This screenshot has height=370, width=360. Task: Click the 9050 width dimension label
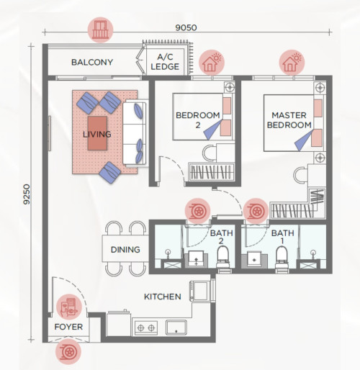(x=186, y=27)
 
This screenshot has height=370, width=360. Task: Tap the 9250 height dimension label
(x=27, y=194)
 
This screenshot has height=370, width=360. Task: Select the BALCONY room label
(x=92, y=63)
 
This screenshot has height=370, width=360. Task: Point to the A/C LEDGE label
(x=165, y=62)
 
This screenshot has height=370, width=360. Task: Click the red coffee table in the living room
(x=97, y=133)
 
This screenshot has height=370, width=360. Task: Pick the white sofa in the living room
(x=135, y=133)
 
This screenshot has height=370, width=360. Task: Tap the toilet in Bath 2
(x=223, y=258)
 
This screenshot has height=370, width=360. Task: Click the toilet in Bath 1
(x=282, y=258)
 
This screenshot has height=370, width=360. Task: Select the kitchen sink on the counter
(x=176, y=328)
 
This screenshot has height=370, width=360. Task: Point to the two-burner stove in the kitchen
(x=146, y=328)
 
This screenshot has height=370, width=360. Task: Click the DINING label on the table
(x=125, y=250)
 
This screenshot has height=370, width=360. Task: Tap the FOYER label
(x=68, y=327)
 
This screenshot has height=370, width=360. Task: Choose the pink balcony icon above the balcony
(x=101, y=30)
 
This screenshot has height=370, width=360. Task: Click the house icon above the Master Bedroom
(x=292, y=63)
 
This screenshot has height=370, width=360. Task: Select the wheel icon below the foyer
(x=68, y=352)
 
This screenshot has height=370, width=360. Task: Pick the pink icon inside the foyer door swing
(x=69, y=307)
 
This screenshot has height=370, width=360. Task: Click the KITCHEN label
(x=163, y=297)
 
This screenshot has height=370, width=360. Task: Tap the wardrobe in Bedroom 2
(x=211, y=172)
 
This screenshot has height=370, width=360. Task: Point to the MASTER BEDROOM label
(x=289, y=120)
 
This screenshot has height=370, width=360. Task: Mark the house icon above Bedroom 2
(x=212, y=63)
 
